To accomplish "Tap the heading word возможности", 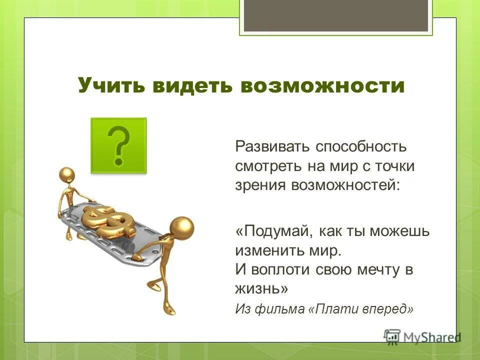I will (x=322, y=86).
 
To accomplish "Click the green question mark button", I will (x=118, y=145).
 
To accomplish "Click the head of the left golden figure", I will (x=66, y=174).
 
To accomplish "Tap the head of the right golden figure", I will (x=181, y=228).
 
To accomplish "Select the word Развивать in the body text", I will (x=272, y=147).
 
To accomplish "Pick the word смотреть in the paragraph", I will (x=268, y=166).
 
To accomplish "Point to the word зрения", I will (x=257, y=185).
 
